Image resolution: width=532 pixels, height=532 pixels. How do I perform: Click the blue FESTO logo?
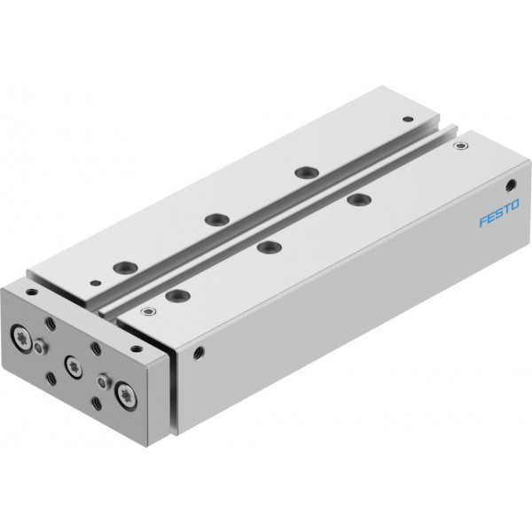click(x=499, y=213)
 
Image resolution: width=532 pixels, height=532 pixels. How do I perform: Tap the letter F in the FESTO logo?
click(x=483, y=221)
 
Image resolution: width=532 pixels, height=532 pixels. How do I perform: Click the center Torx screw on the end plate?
click(x=74, y=367)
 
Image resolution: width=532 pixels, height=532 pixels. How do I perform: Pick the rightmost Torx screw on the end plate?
click(x=126, y=395)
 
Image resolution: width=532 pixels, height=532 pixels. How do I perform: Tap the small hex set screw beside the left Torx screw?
click(x=41, y=347)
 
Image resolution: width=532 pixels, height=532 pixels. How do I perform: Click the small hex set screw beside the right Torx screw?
click(x=104, y=381)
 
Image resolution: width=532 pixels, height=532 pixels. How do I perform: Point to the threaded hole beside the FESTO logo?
click(x=511, y=185)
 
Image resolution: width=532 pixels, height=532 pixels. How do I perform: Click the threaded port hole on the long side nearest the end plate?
click(x=198, y=353)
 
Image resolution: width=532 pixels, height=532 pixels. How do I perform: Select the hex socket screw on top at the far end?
click(x=460, y=146)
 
